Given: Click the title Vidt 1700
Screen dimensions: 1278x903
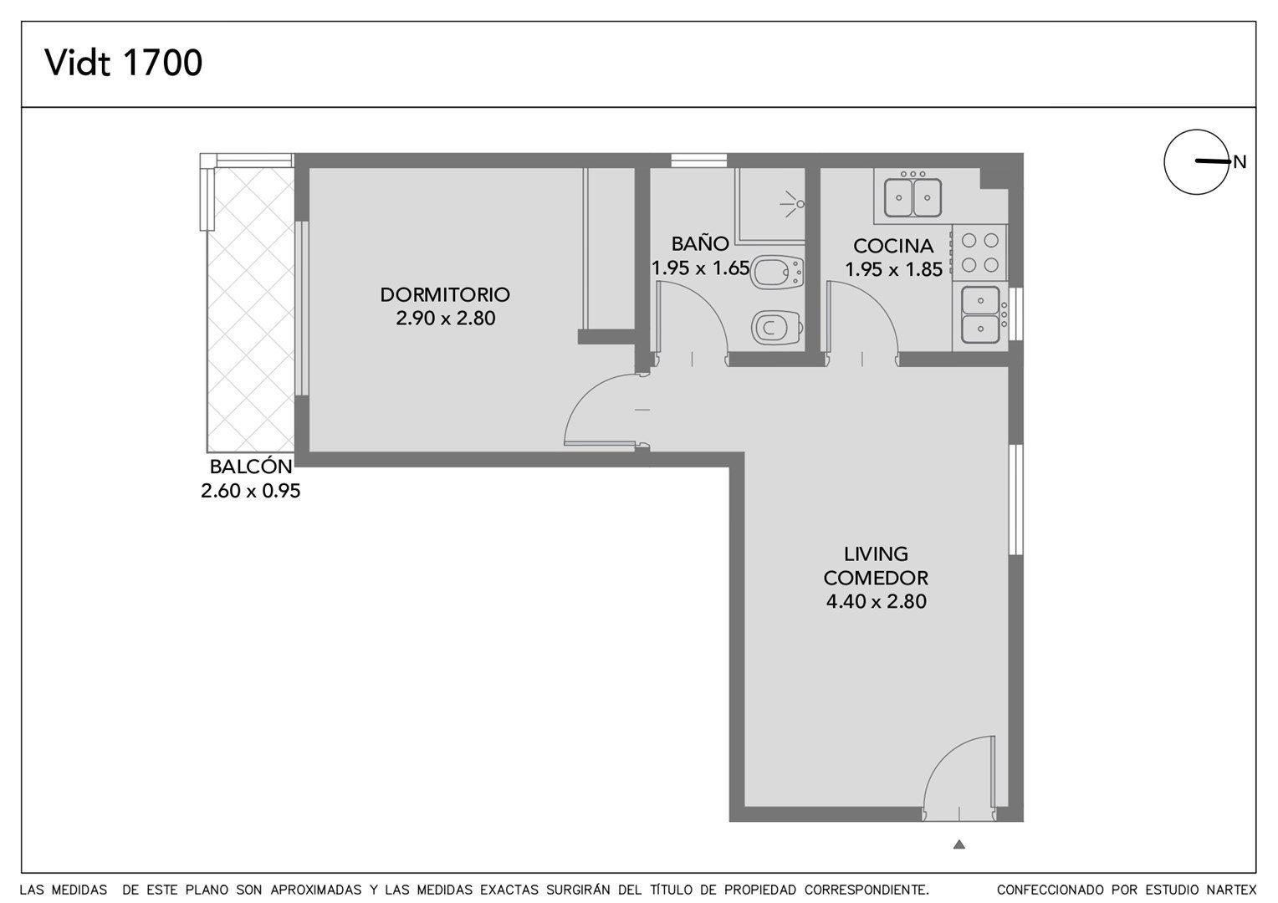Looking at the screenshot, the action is click(x=123, y=63).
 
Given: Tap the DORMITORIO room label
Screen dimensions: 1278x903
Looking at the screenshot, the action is click(x=445, y=295).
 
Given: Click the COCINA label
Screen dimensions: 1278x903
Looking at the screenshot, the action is click(x=893, y=246).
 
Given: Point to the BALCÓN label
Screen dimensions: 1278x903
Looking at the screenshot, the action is click(x=251, y=466).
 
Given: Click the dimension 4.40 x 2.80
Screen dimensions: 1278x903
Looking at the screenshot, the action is click(x=877, y=602).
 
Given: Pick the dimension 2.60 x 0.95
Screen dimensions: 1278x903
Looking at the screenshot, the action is click(x=250, y=491).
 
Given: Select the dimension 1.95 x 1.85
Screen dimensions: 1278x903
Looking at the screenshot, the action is click(x=893, y=269).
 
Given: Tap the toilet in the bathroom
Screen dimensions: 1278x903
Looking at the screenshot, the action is click(x=777, y=328).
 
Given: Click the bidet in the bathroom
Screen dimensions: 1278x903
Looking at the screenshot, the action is click(x=777, y=273).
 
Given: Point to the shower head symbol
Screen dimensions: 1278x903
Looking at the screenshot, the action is click(x=792, y=204).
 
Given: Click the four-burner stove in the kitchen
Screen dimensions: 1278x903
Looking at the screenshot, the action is click(x=979, y=253).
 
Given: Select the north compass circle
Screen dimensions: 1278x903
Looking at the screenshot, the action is click(x=1196, y=162).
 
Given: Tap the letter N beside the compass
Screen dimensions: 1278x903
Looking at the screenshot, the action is click(x=1240, y=162).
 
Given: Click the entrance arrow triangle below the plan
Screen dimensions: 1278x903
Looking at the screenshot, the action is click(x=959, y=844).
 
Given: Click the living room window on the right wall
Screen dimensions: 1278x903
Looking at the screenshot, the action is click(x=1015, y=499).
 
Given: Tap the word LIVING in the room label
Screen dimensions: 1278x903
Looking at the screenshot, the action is click(x=876, y=554).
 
